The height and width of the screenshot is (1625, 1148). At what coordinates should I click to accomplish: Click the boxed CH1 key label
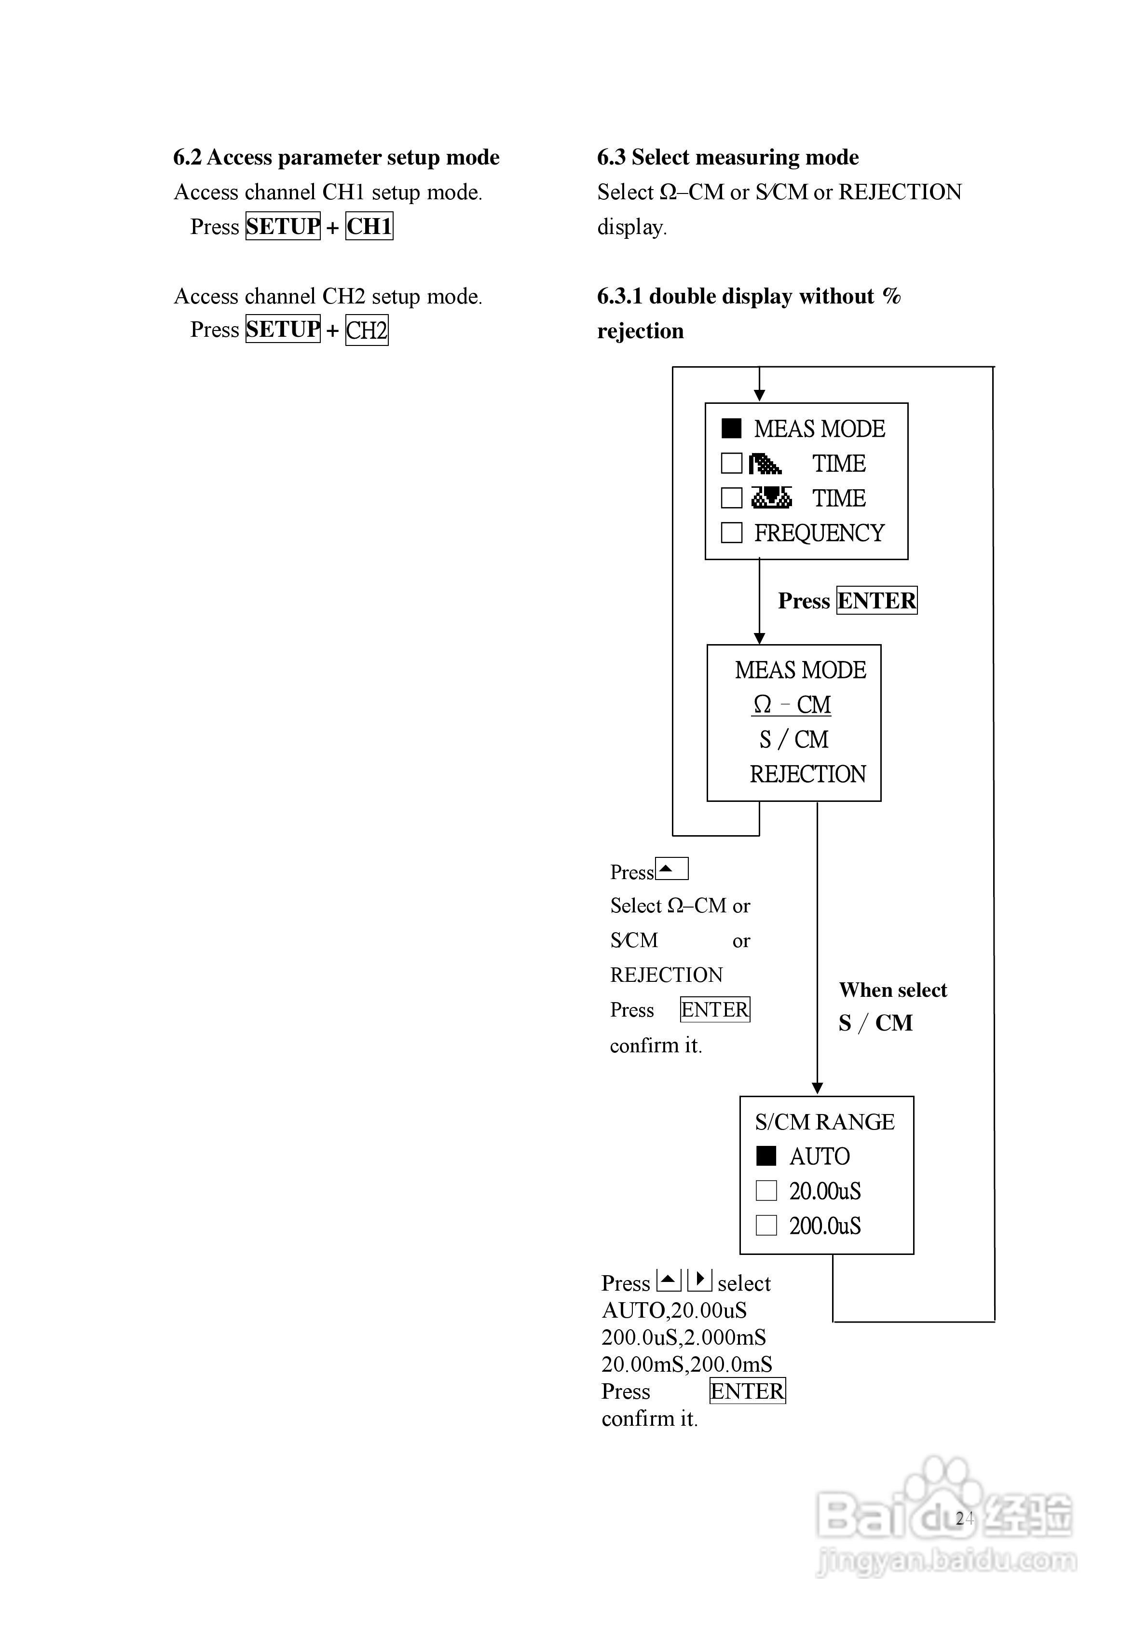[369, 226]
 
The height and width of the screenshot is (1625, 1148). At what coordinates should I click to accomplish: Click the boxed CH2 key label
[367, 331]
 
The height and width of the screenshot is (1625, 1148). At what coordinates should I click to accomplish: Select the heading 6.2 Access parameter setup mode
[336, 157]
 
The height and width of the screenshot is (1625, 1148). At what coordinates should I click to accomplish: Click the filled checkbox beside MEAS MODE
[731, 428]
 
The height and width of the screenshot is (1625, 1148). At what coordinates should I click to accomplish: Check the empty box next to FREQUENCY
[731, 532]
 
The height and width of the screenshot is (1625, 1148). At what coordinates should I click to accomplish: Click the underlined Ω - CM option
[791, 705]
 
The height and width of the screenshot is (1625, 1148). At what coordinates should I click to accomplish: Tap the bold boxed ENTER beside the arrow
[877, 600]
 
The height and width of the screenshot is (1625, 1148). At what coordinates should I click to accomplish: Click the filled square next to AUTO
[766, 1156]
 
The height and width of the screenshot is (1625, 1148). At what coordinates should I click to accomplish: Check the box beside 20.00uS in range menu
[766, 1190]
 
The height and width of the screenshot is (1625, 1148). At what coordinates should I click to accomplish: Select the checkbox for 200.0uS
[766, 1225]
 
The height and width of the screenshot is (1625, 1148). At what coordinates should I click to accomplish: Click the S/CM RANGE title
[824, 1122]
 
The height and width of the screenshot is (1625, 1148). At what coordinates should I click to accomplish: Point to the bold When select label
[892, 990]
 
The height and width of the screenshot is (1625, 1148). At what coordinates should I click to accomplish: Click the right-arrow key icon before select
[699, 1280]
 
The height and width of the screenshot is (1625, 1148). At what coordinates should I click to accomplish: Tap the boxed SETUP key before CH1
[283, 226]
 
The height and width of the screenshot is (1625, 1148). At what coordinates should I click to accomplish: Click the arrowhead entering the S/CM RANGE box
[818, 1088]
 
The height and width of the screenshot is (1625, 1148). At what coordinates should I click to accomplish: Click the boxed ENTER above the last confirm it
[747, 1391]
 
